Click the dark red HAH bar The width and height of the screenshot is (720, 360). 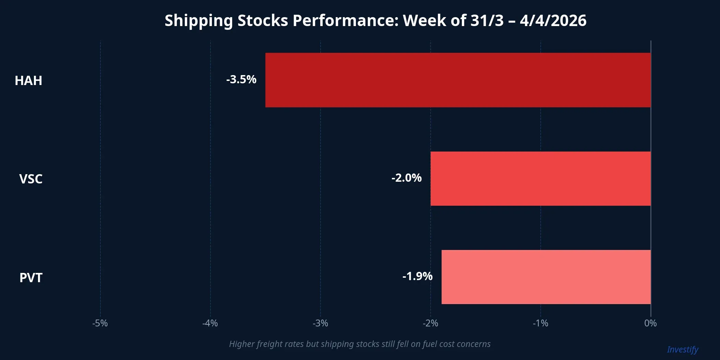click(x=458, y=80)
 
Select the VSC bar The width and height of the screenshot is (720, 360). click(x=540, y=179)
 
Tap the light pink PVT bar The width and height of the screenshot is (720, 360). click(x=546, y=277)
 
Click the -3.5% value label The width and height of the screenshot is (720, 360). click(x=241, y=80)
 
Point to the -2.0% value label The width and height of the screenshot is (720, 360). click(x=406, y=178)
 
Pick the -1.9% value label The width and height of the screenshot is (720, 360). click(x=417, y=276)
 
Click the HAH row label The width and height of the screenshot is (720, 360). click(x=28, y=81)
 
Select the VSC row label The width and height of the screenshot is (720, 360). click(x=31, y=179)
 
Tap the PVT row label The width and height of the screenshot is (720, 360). click(x=31, y=278)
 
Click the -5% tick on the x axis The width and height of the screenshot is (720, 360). click(x=100, y=323)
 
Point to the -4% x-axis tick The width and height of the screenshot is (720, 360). click(x=210, y=323)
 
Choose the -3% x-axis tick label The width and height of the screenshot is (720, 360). click(x=320, y=323)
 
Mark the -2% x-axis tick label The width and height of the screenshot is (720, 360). click(x=430, y=323)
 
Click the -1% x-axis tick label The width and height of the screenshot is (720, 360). click(x=540, y=323)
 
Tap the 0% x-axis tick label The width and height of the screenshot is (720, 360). click(x=650, y=323)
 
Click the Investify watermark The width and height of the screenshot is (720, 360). click(x=682, y=350)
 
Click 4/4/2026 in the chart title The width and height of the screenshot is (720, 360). click(x=553, y=21)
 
